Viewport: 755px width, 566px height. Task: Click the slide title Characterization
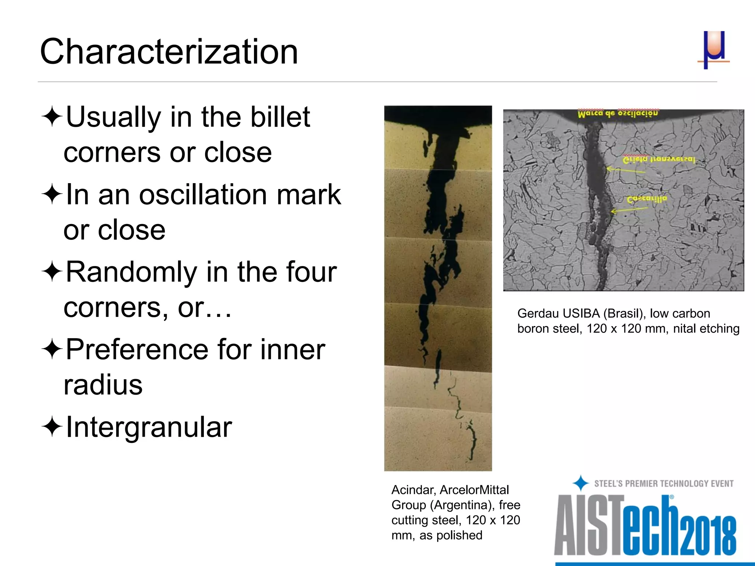(x=169, y=52)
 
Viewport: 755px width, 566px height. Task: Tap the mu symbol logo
(x=714, y=49)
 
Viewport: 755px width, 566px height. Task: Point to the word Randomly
(x=131, y=273)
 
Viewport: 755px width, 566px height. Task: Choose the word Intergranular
(x=149, y=427)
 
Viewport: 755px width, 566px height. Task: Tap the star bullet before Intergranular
(x=52, y=427)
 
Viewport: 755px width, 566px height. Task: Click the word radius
(x=103, y=385)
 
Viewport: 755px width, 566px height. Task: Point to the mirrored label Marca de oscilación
(x=617, y=113)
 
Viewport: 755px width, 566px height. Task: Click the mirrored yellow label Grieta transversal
(x=658, y=160)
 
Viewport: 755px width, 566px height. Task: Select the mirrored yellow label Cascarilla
(x=647, y=199)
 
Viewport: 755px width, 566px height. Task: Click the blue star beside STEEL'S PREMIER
(x=581, y=483)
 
